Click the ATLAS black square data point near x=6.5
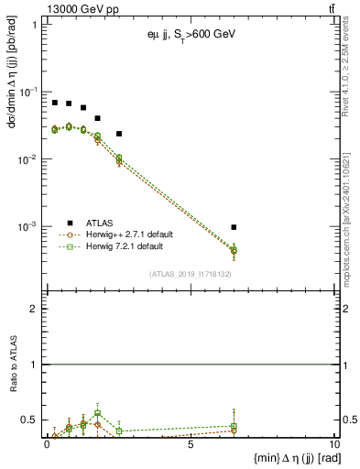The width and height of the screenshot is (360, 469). pyautogui.click(x=234, y=227)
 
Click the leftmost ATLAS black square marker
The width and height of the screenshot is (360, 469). pyautogui.click(x=55, y=103)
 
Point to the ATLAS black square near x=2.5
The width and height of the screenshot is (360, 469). pyautogui.click(x=119, y=134)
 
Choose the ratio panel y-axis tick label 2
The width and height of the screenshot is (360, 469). pyautogui.click(x=35, y=309)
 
